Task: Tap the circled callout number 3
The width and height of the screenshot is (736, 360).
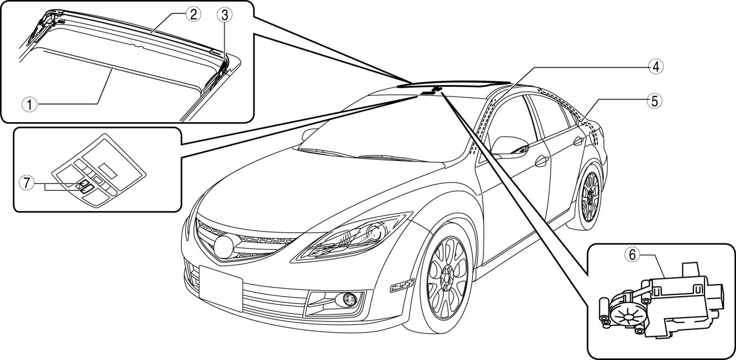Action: point(223,15)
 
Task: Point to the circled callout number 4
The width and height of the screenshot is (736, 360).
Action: point(656,67)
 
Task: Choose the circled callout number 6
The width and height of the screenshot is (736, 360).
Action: point(631,255)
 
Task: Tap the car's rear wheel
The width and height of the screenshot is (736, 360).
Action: point(590,194)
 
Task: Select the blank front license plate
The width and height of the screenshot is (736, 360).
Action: point(220,287)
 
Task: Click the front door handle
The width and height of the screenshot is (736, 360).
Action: point(541,161)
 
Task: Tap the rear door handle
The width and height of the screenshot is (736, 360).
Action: point(577,141)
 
